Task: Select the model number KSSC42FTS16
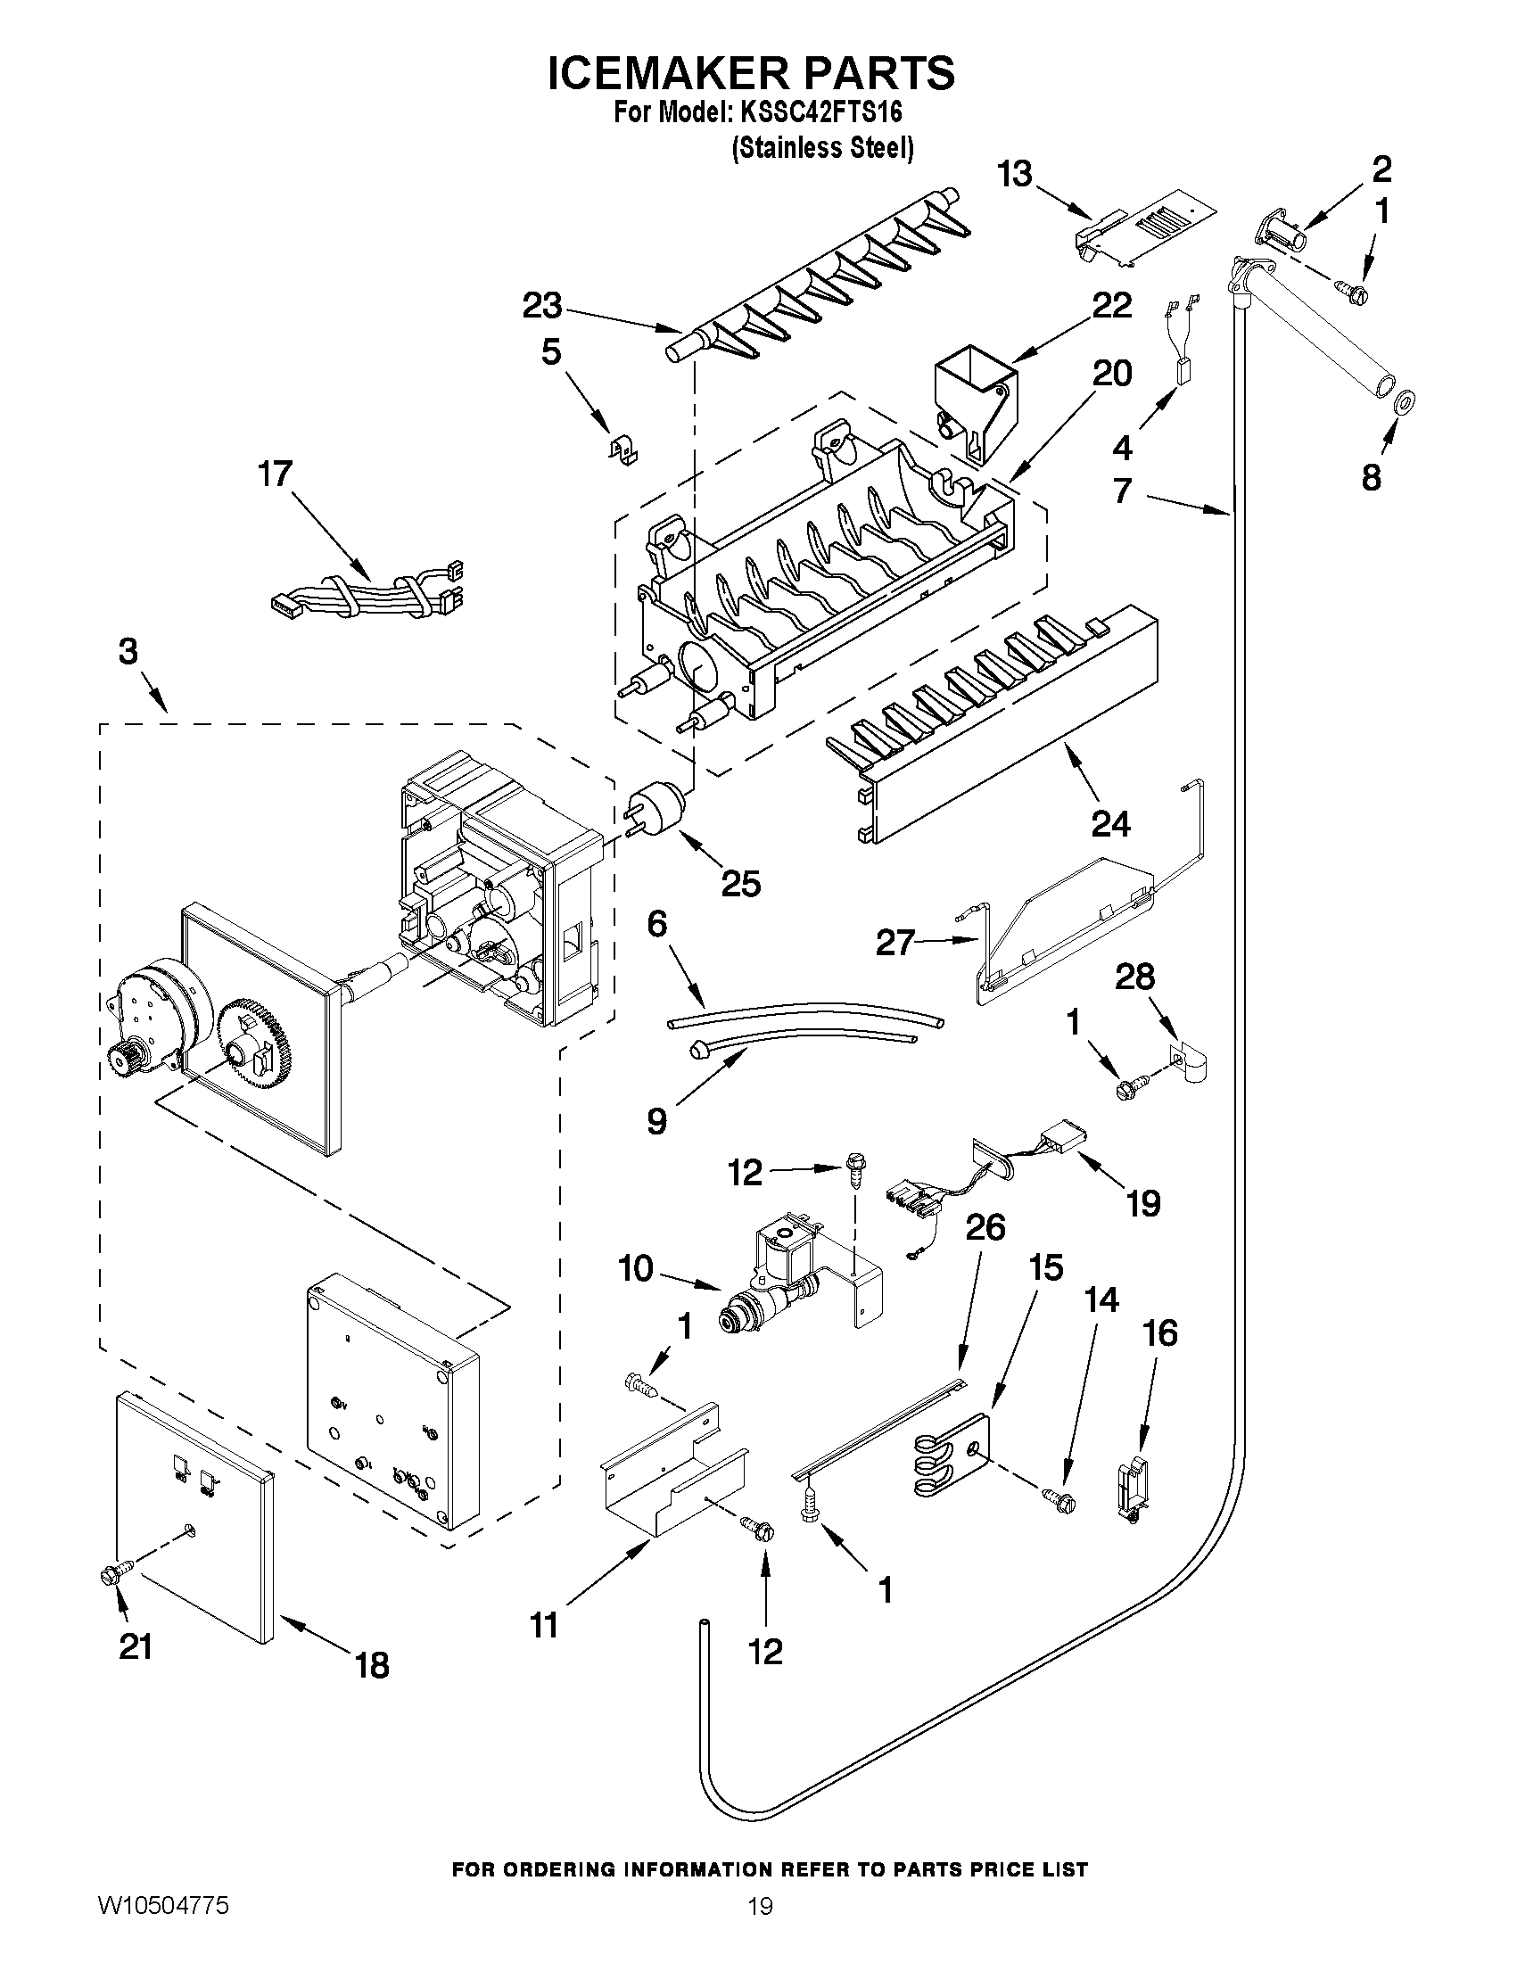click(x=820, y=113)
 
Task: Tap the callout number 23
click(x=543, y=306)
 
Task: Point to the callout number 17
click(x=276, y=474)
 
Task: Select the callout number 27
click(x=895, y=943)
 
